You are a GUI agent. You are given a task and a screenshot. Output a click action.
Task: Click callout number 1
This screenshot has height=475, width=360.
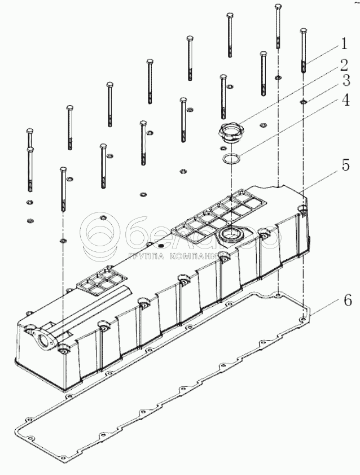343,43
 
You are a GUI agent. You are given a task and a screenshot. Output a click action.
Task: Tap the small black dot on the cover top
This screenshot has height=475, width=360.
160,246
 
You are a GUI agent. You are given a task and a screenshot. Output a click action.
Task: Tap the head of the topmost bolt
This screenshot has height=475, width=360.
278,6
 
